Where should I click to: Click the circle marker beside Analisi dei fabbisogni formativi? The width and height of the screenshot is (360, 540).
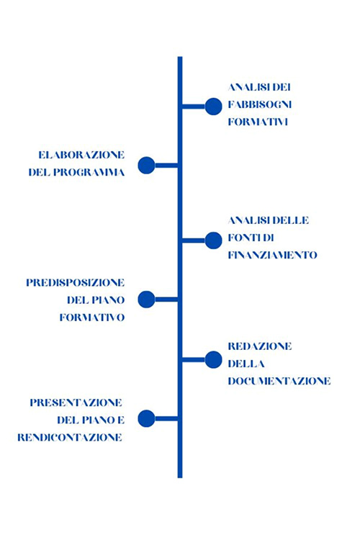[x=214, y=107]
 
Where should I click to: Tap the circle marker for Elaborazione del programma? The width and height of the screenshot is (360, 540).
[x=146, y=166]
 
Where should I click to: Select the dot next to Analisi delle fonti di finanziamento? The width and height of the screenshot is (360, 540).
[x=214, y=240]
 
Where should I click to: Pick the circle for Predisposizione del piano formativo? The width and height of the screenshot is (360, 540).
[x=146, y=300]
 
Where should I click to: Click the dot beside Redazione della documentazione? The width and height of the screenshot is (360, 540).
[x=214, y=360]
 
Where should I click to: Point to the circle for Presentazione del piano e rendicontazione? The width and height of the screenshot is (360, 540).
[x=146, y=418]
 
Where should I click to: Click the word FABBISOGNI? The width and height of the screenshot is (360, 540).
[x=260, y=104]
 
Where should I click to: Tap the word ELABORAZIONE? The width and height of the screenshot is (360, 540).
[x=81, y=155]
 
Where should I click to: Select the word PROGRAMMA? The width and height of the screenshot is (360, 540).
[x=89, y=172]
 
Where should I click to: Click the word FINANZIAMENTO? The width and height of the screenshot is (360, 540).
[x=272, y=255]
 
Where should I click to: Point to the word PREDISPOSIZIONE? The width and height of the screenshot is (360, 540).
[x=76, y=283]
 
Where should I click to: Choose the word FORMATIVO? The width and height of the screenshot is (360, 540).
[x=92, y=318]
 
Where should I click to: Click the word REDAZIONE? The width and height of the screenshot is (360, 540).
[x=260, y=346]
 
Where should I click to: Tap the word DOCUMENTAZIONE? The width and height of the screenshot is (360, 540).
[x=279, y=381]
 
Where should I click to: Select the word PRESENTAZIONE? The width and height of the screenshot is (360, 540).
[x=76, y=402]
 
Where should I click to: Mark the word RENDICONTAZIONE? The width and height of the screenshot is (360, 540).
[x=70, y=437]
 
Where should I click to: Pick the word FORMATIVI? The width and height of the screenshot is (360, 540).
[x=258, y=122]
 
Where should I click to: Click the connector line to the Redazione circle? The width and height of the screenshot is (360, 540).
[x=194, y=360]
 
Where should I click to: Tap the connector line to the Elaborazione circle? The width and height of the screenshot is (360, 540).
[x=166, y=166]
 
